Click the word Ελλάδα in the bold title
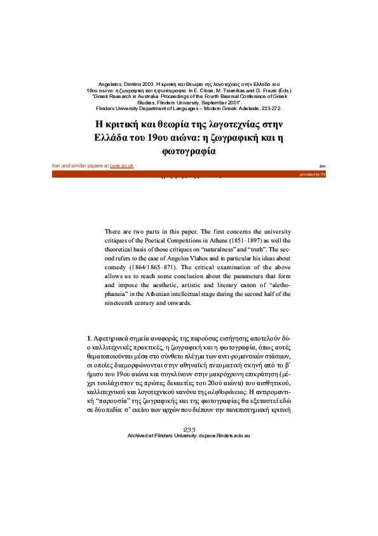[115, 138]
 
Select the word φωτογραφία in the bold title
[189, 152]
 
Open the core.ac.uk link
[121, 166]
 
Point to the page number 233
[189, 413]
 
